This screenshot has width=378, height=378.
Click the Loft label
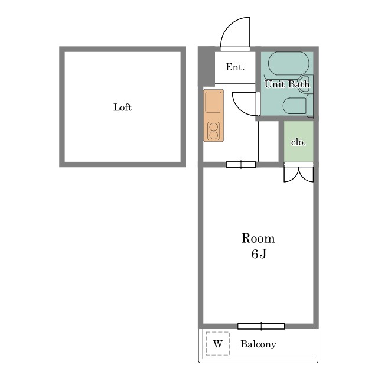[x=122, y=107]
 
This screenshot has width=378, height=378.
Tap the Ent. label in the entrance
[x=235, y=67]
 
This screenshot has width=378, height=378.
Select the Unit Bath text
[x=287, y=84]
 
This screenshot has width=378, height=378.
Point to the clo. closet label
[x=298, y=142]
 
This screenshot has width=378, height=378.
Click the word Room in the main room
[x=258, y=238]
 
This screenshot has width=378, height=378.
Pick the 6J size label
[x=259, y=254]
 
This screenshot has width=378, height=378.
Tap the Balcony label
[x=258, y=344]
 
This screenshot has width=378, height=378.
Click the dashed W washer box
[x=218, y=344]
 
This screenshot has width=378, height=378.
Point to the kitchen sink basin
[x=213, y=102]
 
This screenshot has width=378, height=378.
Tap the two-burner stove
[x=213, y=131]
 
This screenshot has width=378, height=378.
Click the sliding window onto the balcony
[x=261, y=326]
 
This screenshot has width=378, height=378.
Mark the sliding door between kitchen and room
[x=241, y=164]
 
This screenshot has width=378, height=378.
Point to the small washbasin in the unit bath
[x=304, y=83]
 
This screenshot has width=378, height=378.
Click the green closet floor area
[x=298, y=141]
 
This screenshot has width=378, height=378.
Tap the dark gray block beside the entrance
[x=207, y=66]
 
